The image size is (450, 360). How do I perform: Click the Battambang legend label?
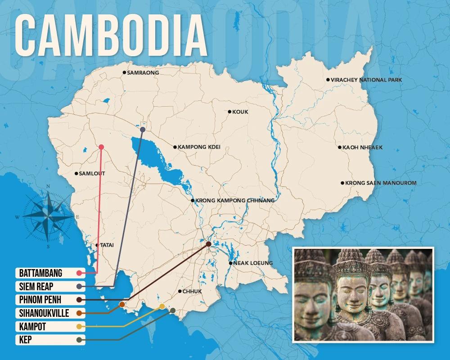coord(40,273)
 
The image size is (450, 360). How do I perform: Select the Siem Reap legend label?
coord(36,286)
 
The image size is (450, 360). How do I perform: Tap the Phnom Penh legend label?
coord(40,300)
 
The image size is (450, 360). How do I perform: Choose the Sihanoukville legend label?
coord(44,313)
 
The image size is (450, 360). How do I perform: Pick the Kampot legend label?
coord(32,326)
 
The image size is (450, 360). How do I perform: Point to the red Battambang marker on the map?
coord(101,147)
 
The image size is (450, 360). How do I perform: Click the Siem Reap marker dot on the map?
coord(142,130)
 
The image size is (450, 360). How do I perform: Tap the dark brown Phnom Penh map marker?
coord(208,244)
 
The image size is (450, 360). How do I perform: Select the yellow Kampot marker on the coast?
coord(162,306)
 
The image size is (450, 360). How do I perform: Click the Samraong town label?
coord(143,72)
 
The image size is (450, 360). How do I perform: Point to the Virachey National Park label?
coord(366,80)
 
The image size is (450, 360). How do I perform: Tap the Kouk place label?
coord(240,112)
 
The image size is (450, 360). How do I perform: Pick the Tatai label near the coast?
coord(107,245)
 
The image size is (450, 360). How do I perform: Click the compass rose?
coord(48,216)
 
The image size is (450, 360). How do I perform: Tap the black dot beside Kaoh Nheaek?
coord(340,147)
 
